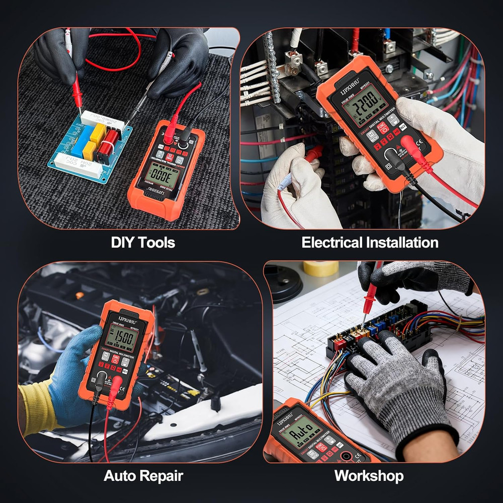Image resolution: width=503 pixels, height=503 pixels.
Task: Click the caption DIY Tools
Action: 143,242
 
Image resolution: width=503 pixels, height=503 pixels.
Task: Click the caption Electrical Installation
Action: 370,242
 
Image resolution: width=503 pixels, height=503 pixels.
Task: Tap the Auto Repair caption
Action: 143,475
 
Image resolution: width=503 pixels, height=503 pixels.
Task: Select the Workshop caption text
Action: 369,475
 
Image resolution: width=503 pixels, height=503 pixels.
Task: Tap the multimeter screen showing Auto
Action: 299,432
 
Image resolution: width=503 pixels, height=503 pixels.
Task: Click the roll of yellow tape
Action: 320,268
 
